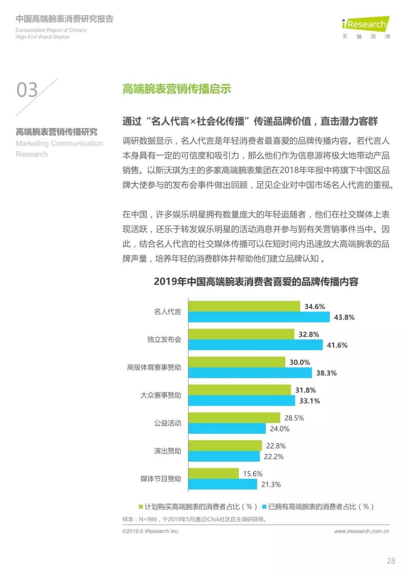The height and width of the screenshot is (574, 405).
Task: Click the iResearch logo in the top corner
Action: point(366,25)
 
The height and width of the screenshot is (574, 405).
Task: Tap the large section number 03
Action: point(27,90)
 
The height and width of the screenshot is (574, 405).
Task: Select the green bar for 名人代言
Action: point(244,307)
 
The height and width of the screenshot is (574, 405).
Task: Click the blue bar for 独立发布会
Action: point(255,345)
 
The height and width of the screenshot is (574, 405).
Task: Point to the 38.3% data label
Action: point(326,373)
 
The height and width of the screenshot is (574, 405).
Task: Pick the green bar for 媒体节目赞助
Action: point(213,473)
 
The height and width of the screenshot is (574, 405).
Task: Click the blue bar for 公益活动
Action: point(227,429)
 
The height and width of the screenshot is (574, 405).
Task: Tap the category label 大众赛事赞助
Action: point(160,395)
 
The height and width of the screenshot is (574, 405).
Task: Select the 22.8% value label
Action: point(276,446)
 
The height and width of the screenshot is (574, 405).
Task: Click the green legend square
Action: point(141,507)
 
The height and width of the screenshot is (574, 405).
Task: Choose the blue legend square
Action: point(264,507)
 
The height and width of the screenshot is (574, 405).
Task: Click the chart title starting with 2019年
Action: point(256,282)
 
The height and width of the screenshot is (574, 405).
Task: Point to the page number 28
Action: point(391,561)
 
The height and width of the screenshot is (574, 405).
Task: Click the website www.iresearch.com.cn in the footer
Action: point(361,531)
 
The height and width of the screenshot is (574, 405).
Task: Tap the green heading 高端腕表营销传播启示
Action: point(177,89)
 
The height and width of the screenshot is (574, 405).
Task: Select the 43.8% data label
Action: point(344,317)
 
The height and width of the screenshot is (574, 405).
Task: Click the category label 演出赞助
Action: point(167,451)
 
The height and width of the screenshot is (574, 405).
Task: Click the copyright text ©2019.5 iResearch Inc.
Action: point(151,531)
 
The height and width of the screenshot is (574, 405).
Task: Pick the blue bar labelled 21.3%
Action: point(222,484)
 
